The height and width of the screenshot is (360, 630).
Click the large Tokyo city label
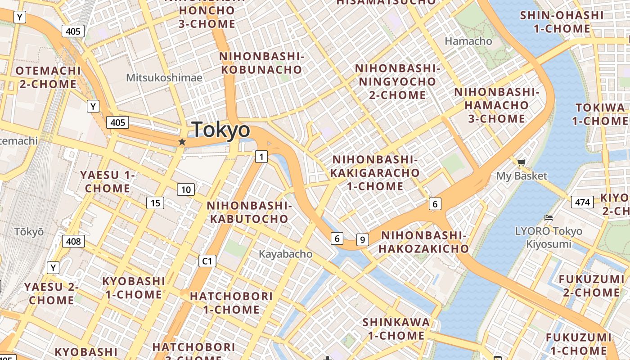[x=220, y=130]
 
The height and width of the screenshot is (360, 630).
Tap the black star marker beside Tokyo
[x=182, y=142]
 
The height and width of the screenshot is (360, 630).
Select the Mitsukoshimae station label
[x=164, y=77]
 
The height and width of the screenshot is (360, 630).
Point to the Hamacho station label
[x=468, y=41]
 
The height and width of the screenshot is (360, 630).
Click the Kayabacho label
[x=285, y=254]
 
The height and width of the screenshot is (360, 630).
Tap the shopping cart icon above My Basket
[x=521, y=162]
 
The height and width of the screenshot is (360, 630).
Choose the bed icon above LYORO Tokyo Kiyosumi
[x=548, y=218]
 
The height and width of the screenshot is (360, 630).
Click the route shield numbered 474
[x=582, y=202]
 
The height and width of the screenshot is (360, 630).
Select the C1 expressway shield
[x=207, y=261]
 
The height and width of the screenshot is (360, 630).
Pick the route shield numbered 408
[x=73, y=242]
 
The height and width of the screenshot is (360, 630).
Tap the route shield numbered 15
[x=155, y=203]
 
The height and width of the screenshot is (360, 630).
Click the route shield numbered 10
[x=186, y=189]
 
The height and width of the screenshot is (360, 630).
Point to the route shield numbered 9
[x=362, y=240]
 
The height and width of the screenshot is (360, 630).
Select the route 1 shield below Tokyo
[x=261, y=157]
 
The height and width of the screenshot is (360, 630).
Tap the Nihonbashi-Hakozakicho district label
[x=423, y=242]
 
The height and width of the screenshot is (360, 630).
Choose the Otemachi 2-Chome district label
[x=48, y=77]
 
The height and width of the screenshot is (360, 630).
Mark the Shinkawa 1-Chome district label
[x=396, y=328]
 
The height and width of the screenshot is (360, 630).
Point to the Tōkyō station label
[x=29, y=232]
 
